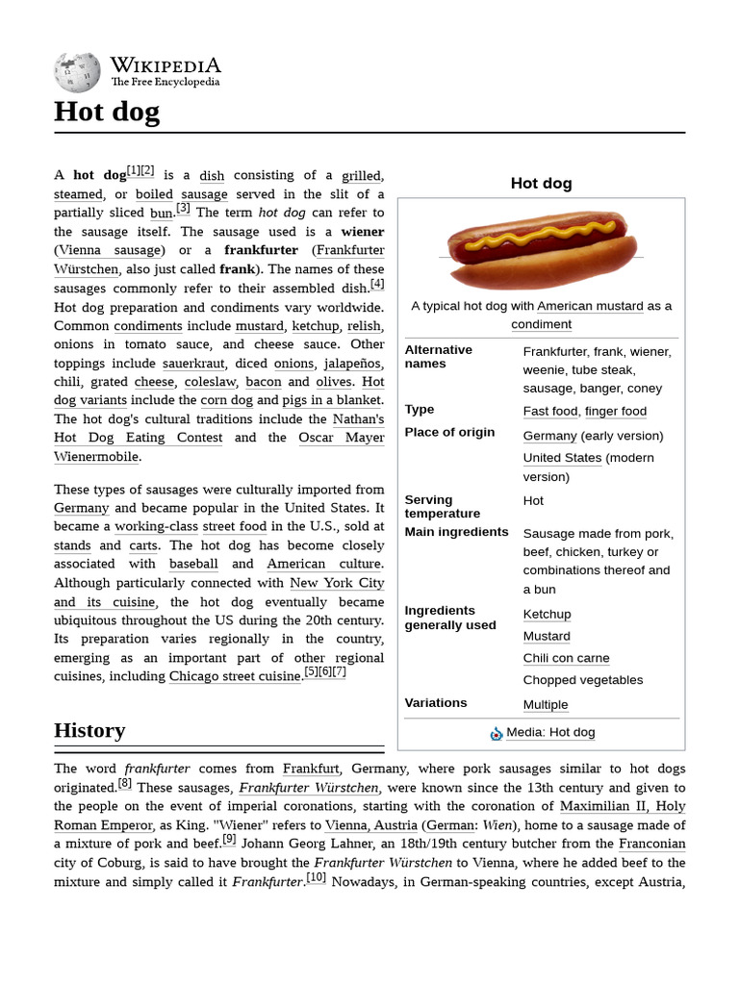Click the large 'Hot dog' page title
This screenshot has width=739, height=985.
[x=107, y=113]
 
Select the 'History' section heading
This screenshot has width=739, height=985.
[x=89, y=730]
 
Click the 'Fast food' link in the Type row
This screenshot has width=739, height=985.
[x=550, y=411]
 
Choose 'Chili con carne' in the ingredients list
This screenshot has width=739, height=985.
[x=566, y=658]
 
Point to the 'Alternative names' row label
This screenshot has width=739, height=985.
[x=439, y=357]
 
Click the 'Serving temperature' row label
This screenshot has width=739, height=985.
[x=443, y=506]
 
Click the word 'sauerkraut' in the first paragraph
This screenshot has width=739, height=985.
[x=192, y=364]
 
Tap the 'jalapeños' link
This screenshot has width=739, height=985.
[x=352, y=364]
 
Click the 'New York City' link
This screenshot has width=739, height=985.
[x=337, y=583]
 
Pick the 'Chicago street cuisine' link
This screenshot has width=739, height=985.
[x=235, y=676]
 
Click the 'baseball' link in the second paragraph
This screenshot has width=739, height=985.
[x=193, y=564]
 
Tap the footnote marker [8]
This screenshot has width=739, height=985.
[x=125, y=783]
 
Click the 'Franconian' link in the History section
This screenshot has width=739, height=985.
[x=651, y=844]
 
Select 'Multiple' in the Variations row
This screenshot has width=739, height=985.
[x=546, y=704]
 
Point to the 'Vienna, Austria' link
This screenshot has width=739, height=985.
[x=370, y=825]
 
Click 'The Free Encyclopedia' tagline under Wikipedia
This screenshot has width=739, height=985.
[x=166, y=83]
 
